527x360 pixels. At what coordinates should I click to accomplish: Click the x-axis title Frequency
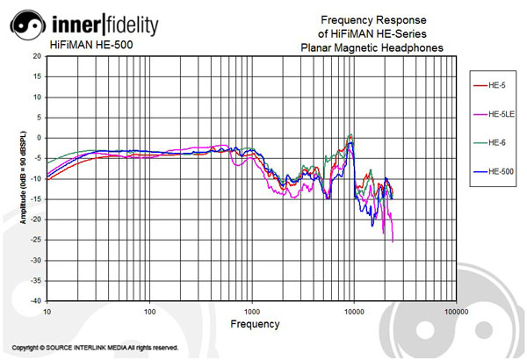tap(255, 324)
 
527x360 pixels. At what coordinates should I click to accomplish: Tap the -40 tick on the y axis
tap(36, 300)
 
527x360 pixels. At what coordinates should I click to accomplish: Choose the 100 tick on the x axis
tap(149, 311)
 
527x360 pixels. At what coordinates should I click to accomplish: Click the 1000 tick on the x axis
tap(252, 311)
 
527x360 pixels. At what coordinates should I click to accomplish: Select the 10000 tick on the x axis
tap(354, 311)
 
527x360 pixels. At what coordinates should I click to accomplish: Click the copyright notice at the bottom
tap(97, 348)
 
